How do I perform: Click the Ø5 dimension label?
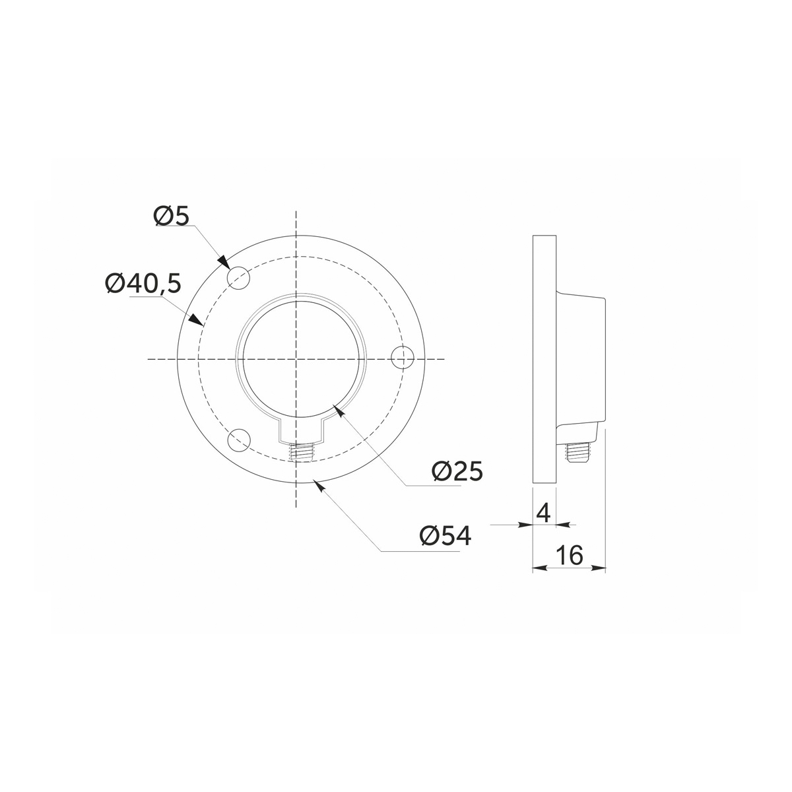[172, 216]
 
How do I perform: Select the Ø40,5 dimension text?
[143, 283]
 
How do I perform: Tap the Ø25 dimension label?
[457, 471]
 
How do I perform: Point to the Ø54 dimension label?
[445, 535]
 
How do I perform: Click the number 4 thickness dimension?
[544, 513]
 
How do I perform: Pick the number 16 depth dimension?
[571, 555]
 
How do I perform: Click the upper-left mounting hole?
[238, 279]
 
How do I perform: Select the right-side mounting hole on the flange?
[403, 358]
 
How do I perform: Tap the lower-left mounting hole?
[239, 440]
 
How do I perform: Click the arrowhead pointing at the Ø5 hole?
[223, 261]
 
